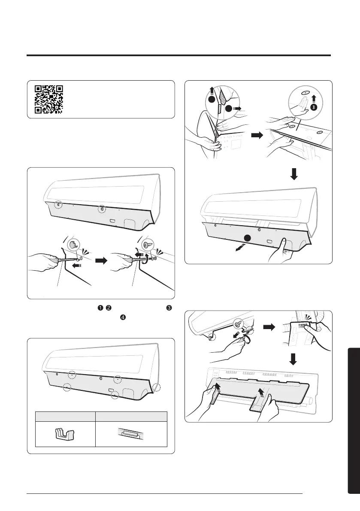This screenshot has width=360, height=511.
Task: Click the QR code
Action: [x=49, y=99]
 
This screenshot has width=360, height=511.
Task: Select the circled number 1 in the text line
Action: [x=99, y=308]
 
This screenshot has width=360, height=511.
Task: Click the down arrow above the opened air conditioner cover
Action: [x=293, y=175]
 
